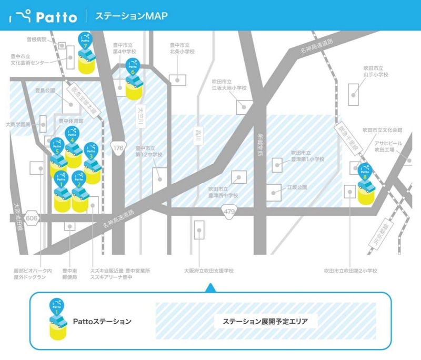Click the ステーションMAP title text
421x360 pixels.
pos(132,16)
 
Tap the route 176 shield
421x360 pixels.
pos(118,148)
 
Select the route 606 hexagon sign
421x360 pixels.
pos(32,218)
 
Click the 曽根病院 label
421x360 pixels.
pos(36,39)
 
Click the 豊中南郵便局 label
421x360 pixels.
pos(70,274)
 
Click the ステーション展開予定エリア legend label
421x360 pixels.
pos(265,321)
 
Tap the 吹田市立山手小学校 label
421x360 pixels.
pos(375,72)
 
